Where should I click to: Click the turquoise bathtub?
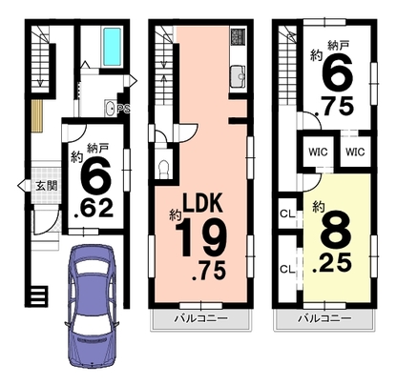[112, 47]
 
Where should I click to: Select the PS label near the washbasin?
[123, 109]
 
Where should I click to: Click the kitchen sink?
[239, 76]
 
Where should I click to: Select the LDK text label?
[201, 203]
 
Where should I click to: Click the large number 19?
[200, 237]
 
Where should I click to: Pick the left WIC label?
[318, 152]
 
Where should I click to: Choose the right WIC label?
[355, 152]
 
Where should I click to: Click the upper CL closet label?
[287, 213]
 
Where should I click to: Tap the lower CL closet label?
[287, 270]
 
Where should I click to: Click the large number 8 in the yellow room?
[335, 232]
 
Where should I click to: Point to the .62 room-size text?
[93, 209]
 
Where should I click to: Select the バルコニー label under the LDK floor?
[200, 318]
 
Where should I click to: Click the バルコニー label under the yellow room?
[324, 318]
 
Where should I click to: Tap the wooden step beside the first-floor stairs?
[37, 116]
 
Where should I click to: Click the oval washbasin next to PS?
[110, 109]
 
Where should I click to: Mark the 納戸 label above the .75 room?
[339, 46]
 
